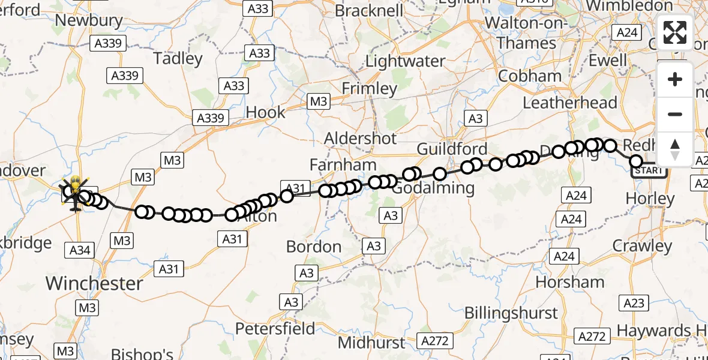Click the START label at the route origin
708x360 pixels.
click(x=649, y=171)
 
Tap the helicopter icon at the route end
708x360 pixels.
click(x=75, y=193)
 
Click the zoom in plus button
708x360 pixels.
click(x=675, y=79)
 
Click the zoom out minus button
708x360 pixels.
click(x=675, y=114)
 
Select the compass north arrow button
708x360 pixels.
click(x=675, y=149)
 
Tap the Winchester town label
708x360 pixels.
click(x=95, y=283)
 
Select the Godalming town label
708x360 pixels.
click(x=434, y=188)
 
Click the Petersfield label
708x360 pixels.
click(x=275, y=329)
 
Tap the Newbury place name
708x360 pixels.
click(x=89, y=20)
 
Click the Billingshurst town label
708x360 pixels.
click(x=511, y=313)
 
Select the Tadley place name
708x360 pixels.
click(x=178, y=59)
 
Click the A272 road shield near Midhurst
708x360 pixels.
click(x=434, y=341)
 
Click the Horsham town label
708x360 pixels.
click(x=570, y=281)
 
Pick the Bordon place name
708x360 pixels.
click(x=314, y=247)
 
